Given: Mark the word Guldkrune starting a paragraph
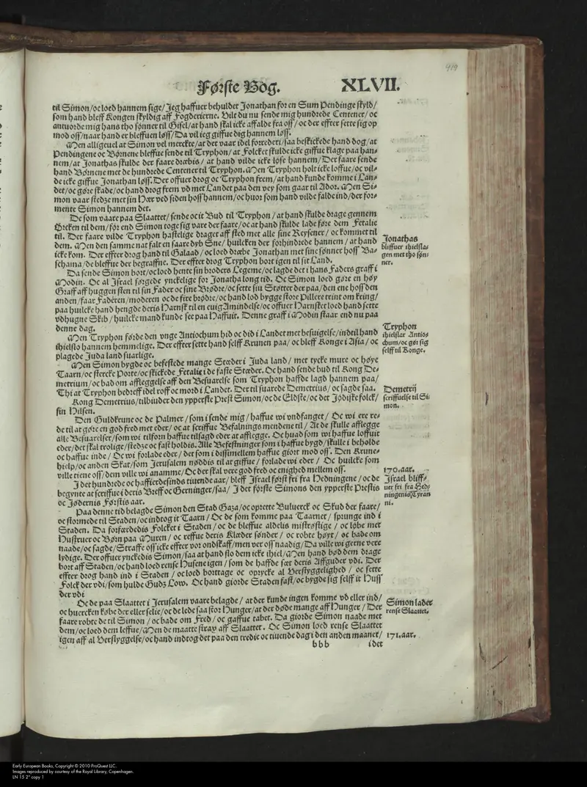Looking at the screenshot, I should coord(98,418).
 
